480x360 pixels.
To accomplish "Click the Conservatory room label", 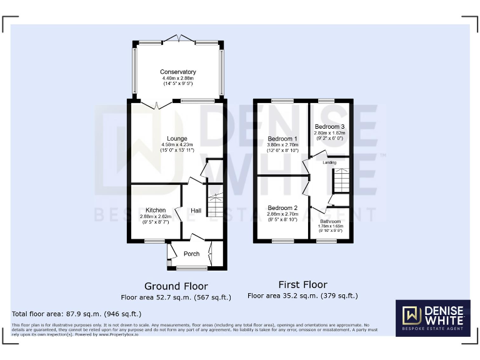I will click(x=177, y=72).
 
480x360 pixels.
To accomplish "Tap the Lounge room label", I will click(x=177, y=139).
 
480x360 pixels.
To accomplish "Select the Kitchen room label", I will click(x=155, y=210).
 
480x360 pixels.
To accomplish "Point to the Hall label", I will click(x=196, y=211).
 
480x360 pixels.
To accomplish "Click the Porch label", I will click(x=191, y=254).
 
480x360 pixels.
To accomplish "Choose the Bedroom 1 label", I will click(x=282, y=139).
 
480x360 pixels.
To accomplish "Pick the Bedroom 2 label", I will click(x=282, y=208).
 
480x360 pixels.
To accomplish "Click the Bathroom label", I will click(x=331, y=221).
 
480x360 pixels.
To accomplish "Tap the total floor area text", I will click(x=77, y=314).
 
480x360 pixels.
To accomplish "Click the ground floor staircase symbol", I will click(x=214, y=204).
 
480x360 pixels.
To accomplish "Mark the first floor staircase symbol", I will click(x=341, y=181).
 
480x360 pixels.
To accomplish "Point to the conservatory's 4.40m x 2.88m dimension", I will click(x=177, y=78).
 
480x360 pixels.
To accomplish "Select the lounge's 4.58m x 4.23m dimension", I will click(x=177, y=145).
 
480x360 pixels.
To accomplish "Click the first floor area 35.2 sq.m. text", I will click(x=302, y=296).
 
